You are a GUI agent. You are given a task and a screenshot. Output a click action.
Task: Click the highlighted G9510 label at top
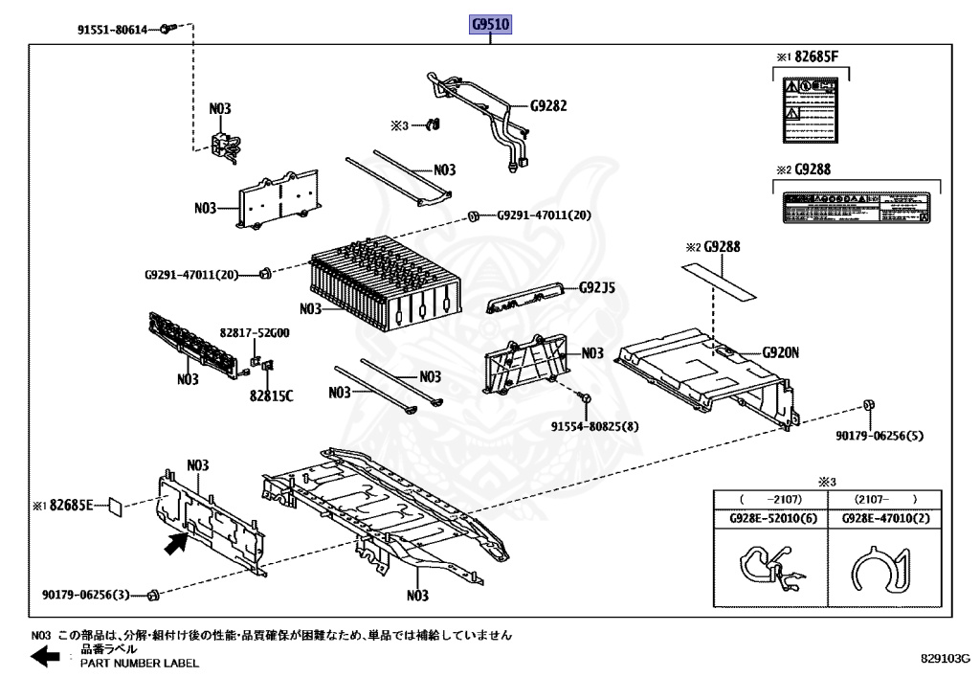pos(489,24)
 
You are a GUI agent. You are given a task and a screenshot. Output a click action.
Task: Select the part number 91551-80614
pos(112,31)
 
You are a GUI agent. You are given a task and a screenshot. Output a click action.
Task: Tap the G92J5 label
pos(596,287)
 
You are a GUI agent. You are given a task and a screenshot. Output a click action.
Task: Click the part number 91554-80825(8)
pos(594,426)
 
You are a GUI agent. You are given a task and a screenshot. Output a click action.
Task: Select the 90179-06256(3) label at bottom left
pos(85,595)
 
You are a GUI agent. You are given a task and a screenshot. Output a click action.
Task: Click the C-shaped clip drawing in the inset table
pos(879,574)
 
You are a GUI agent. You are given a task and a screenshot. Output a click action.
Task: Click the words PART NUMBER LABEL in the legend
pos(140,663)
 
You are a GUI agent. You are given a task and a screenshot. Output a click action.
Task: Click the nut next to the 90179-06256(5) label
pos(869,404)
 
